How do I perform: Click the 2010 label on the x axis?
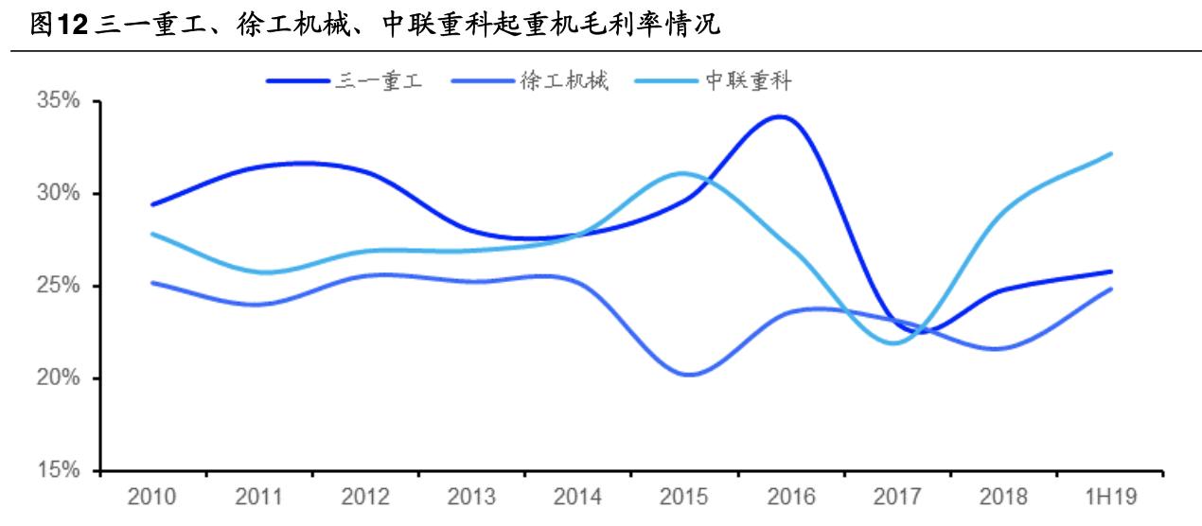[151, 496]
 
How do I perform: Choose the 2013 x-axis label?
[471, 496]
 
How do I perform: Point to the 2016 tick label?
[791, 496]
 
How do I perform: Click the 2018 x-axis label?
[1004, 496]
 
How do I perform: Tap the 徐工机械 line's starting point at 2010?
[152, 282]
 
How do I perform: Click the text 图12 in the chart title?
[53, 26]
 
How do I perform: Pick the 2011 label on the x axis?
[258, 496]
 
